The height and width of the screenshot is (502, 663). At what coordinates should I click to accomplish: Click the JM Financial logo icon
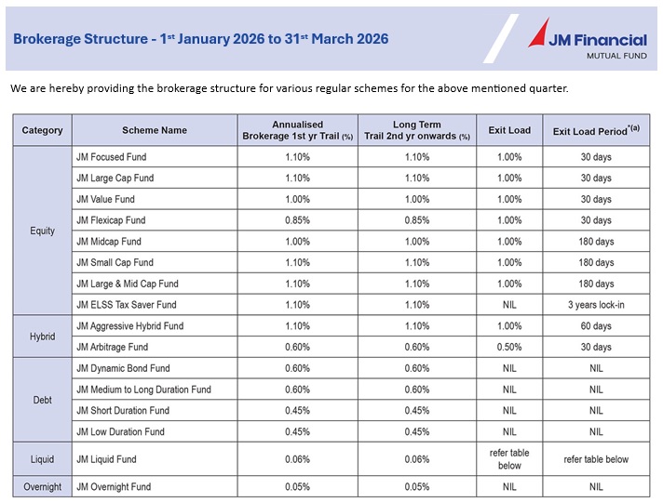click(543, 34)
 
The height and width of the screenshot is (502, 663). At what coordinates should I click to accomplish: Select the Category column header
click(42, 130)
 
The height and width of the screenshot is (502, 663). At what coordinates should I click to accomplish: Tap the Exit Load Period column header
click(596, 130)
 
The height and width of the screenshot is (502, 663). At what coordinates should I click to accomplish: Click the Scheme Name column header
click(155, 130)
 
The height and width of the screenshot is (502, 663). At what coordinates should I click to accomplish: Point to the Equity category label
click(42, 231)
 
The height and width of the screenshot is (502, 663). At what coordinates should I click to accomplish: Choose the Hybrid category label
click(42, 337)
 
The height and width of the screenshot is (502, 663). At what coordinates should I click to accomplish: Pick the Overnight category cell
click(42, 487)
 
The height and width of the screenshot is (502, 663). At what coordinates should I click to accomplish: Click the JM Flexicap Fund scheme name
click(111, 220)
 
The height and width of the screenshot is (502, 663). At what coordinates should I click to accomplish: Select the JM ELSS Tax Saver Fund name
click(126, 305)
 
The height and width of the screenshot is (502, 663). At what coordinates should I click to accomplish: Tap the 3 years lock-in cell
click(596, 305)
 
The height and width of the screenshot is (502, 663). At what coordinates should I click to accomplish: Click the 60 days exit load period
click(596, 326)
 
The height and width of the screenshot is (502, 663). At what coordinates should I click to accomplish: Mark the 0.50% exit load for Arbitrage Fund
click(509, 348)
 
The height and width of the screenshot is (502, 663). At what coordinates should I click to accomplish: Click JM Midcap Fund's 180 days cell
click(596, 242)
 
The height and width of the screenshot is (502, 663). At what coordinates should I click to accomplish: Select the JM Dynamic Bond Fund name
click(123, 369)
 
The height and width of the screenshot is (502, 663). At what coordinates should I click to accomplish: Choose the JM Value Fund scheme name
click(105, 199)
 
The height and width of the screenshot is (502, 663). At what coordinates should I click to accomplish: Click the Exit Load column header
click(509, 130)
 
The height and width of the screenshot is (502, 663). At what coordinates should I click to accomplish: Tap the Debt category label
click(42, 401)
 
